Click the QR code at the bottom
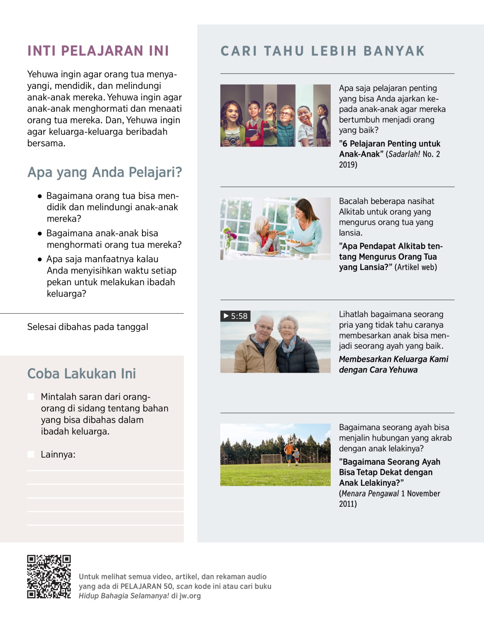point(49,577)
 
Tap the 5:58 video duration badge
point(236,316)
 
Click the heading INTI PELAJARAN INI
point(98,51)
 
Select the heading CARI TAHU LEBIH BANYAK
point(323,51)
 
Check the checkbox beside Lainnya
point(31,454)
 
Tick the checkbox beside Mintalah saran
point(31,396)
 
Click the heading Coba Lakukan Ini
point(81,373)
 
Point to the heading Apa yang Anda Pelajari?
point(104,172)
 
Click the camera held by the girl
point(232,140)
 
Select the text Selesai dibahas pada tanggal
point(88,327)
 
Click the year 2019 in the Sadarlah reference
point(348,165)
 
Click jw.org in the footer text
point(190,596)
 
